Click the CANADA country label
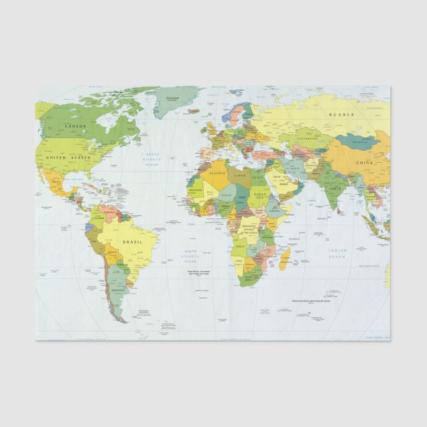coord(76,125)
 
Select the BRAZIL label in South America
coord(133,242)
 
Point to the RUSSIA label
coord(341,115)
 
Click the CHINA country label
coord(363,162)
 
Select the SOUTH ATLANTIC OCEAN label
coord(191,255)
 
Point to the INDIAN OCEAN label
coord(337,253)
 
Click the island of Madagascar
coord(284,259)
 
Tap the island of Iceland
coord(194,111)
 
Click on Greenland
coord(174,101)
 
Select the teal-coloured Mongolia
coord(357,141)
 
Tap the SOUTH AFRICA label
coord(249,275)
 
